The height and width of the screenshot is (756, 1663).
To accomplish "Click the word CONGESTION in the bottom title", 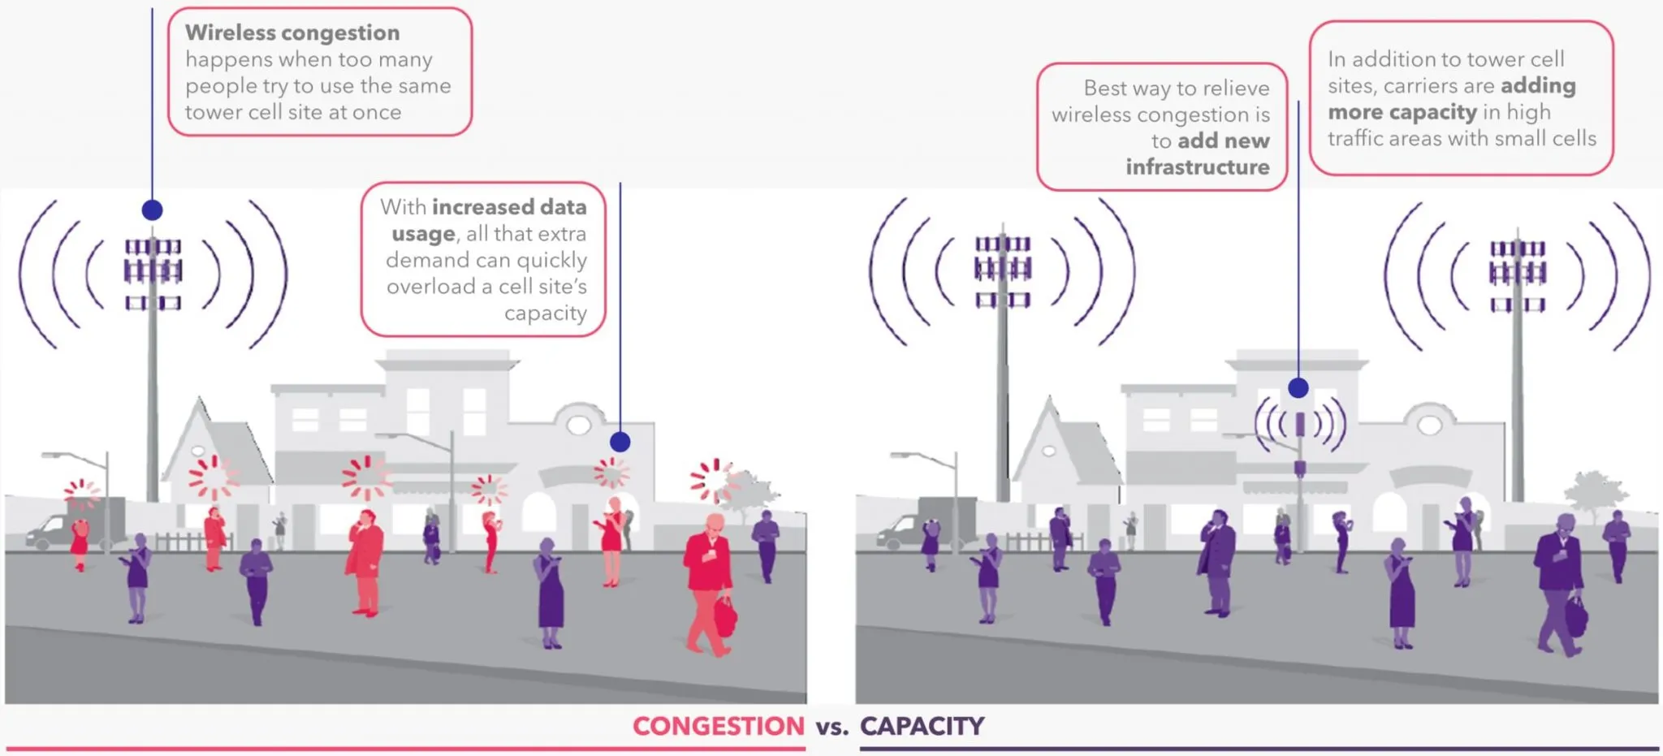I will tap(718, 726).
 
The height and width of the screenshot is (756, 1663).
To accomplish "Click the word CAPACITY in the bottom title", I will tap(922, 726).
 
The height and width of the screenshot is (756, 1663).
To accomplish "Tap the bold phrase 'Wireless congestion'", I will tap(292, 33).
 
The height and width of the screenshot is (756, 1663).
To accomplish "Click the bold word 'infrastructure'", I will tap(1198, 167).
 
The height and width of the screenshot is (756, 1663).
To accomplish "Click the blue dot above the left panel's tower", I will tap(152, 210).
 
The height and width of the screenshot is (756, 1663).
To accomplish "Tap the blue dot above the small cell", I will tap(1298, 387).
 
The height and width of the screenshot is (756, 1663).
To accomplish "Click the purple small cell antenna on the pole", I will tap(1300, 424).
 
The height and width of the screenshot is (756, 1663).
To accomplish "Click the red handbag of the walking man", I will tap(724, 616).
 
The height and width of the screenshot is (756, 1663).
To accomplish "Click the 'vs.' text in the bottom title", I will tap(831, 728).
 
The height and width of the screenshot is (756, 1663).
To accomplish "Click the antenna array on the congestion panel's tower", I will tap(153, 273).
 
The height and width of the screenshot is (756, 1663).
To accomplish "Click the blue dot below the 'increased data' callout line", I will tap(620, 442).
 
